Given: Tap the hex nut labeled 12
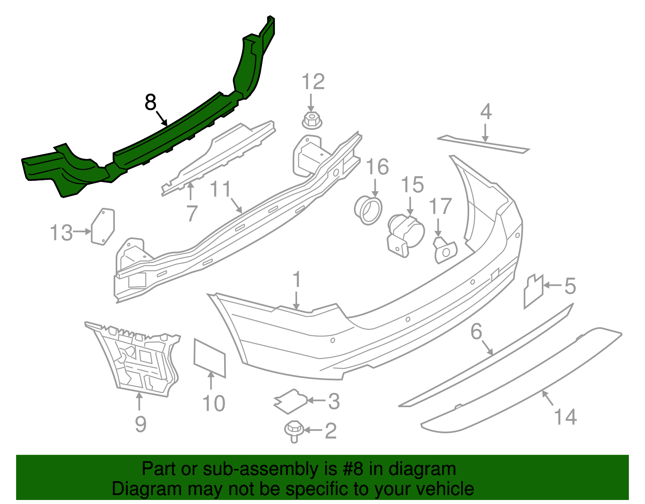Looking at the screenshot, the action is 312,121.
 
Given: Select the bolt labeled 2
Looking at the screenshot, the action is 294,431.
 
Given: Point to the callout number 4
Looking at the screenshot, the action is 486,112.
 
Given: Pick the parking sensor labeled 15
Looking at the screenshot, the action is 406,236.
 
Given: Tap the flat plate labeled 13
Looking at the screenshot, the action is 102,227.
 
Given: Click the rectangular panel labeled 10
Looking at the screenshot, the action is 210,358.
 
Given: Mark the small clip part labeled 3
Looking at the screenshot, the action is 291,402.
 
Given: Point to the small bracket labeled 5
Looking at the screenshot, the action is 533,291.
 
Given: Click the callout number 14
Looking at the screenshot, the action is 565,417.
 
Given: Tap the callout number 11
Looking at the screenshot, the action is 220,189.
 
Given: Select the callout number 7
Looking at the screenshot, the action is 191,213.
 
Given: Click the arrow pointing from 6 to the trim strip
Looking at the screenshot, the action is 487,347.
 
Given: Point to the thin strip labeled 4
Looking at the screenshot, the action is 483,144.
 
